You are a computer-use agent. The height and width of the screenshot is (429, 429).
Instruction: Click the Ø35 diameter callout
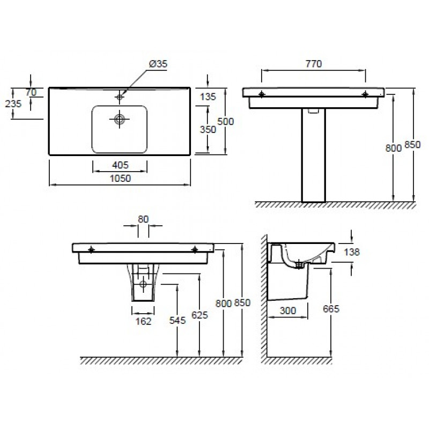click(x=158, y=64)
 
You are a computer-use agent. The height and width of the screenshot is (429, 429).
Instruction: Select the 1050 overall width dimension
click(x=120, y=179)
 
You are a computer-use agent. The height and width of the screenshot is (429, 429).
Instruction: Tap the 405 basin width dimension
click(x=120, y=165)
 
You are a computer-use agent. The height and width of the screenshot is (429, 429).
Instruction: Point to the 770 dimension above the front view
click(x=314, y=64)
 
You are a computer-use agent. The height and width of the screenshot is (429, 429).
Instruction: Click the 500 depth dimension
click(x=225, y=122)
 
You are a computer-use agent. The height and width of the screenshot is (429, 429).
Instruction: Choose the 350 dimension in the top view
click(x=208, y=129)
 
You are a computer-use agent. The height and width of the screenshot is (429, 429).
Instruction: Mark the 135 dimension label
click(x=208, y=97)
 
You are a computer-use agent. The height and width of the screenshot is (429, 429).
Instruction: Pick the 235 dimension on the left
click(x=13, y=103)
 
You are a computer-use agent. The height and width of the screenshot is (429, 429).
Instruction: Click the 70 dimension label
click(x=31, y=92)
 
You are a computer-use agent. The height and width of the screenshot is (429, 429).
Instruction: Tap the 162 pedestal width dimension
click(x=143, y=321)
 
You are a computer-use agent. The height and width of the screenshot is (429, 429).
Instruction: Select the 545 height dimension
click(x=177, y=320)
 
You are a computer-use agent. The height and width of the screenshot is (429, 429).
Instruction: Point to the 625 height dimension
click(x=199, y=315)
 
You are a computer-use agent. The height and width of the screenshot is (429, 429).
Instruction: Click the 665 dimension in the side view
click(x=331, y=309)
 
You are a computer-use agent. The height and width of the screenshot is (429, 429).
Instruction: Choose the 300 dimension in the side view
click(x=288, y=310)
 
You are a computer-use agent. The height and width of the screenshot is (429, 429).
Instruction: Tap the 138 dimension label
click(x=352, y=252)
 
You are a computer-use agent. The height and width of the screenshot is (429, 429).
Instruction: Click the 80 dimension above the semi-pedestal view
click(x=143, y=219)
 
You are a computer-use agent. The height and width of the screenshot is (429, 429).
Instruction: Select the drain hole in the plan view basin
click(x=120, y=119)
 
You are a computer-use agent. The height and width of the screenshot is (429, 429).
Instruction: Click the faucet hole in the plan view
click(x=120, y=97)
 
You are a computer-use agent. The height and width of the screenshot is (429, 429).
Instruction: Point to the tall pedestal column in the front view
click(x=314, y=155)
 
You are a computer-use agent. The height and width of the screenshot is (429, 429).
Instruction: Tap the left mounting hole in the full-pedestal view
click(x=262, y=94)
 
